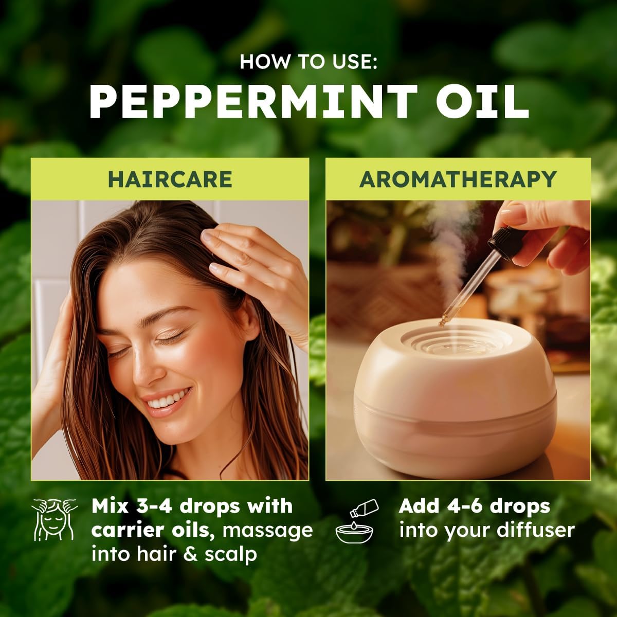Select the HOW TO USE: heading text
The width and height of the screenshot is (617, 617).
tap(308, 62)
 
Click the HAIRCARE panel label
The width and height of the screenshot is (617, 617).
tap(170, 179)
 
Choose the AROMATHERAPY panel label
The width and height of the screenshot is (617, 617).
tap(458, 179)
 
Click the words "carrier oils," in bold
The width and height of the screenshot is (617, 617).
tap(152, 530)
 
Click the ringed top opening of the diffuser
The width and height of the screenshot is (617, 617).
tap(455, 337)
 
